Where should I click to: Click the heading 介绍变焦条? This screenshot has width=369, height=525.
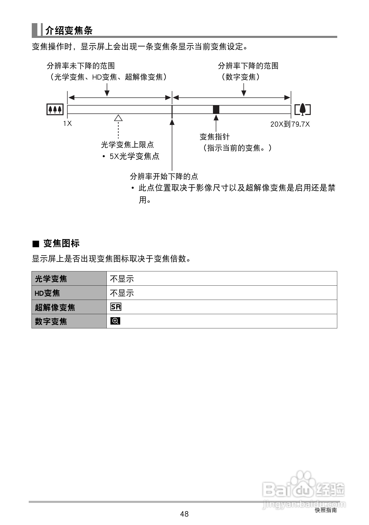pos(69,31)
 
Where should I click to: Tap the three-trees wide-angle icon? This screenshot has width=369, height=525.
pos(55,109)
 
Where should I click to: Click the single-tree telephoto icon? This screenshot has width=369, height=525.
pos(302,109)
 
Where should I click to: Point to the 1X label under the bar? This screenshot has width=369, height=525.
pos(68,124)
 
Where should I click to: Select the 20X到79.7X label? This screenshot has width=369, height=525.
pos(290,124)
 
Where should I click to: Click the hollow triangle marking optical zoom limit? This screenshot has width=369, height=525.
pos(118,118)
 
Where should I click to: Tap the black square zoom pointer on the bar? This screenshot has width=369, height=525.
pos(216,109)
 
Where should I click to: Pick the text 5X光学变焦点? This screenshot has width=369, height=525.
pos(134,156)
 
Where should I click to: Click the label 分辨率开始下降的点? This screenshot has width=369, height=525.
pos(164,176)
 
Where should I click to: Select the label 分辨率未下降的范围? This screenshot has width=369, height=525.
pos(81,66)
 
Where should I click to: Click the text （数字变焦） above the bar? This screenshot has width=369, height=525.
pos(240,77)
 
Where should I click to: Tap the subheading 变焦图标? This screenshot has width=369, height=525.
pos(61,243)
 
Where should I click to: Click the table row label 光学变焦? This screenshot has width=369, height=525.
pos(51,279)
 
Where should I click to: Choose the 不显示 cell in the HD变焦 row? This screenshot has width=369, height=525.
pos(122,293)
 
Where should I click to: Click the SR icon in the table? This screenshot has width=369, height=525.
pos(116,307)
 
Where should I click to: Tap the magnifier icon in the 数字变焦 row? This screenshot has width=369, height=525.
pos(115,321)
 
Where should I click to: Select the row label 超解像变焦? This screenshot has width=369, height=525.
pos(55,307)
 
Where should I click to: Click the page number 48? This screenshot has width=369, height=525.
pos(184,514)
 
